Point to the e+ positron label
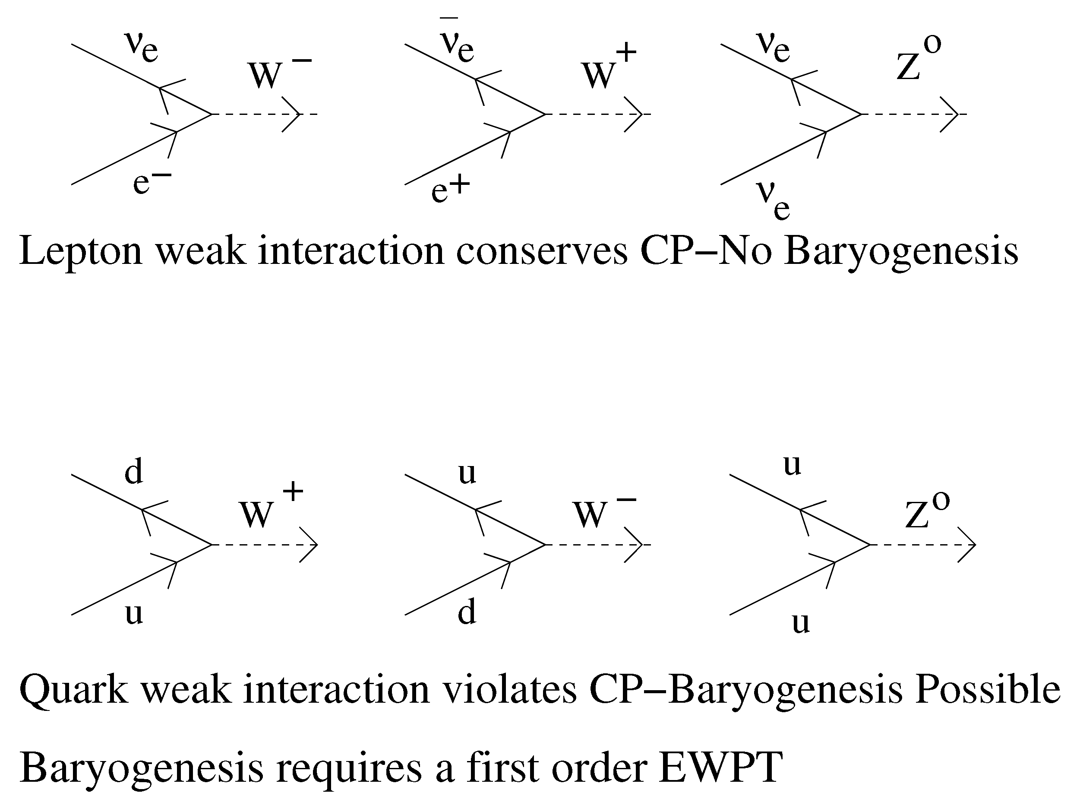450,189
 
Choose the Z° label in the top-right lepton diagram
918,60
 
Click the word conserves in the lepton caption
542,251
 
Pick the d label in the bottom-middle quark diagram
467,612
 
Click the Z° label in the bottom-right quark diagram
926,511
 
